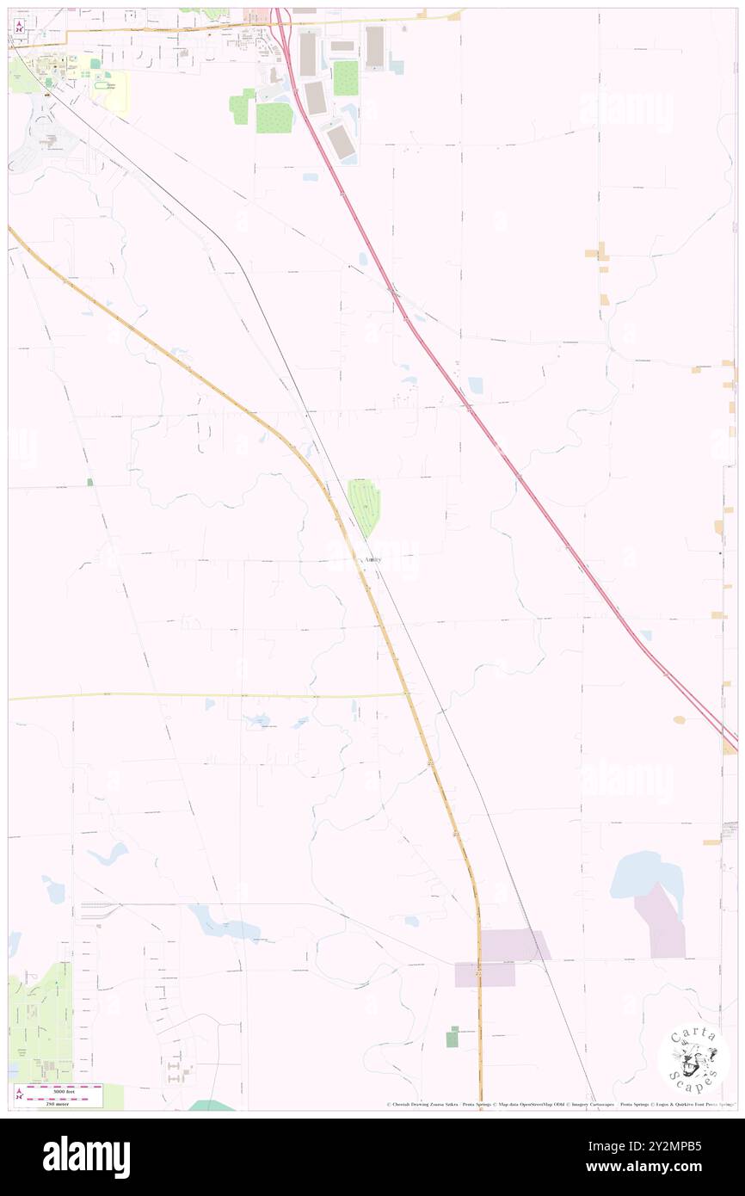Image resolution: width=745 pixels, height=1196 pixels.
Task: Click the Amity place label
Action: tap(372, 560)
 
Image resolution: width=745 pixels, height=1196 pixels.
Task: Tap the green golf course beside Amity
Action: tap(365, 506)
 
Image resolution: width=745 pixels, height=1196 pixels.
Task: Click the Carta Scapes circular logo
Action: tap(693, 1057)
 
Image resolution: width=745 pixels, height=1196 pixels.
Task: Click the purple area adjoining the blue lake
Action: tap(661, 922)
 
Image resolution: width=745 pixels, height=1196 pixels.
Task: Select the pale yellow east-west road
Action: tap(206, 695)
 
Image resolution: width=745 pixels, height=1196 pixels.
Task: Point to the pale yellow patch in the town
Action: tap(115, 92)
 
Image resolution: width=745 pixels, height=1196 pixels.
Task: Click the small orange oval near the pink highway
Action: tap(680, 719)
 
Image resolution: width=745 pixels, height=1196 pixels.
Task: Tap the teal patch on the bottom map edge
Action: tap(210, 1105)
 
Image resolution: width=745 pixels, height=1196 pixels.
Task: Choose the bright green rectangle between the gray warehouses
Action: tap(345, 78)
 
